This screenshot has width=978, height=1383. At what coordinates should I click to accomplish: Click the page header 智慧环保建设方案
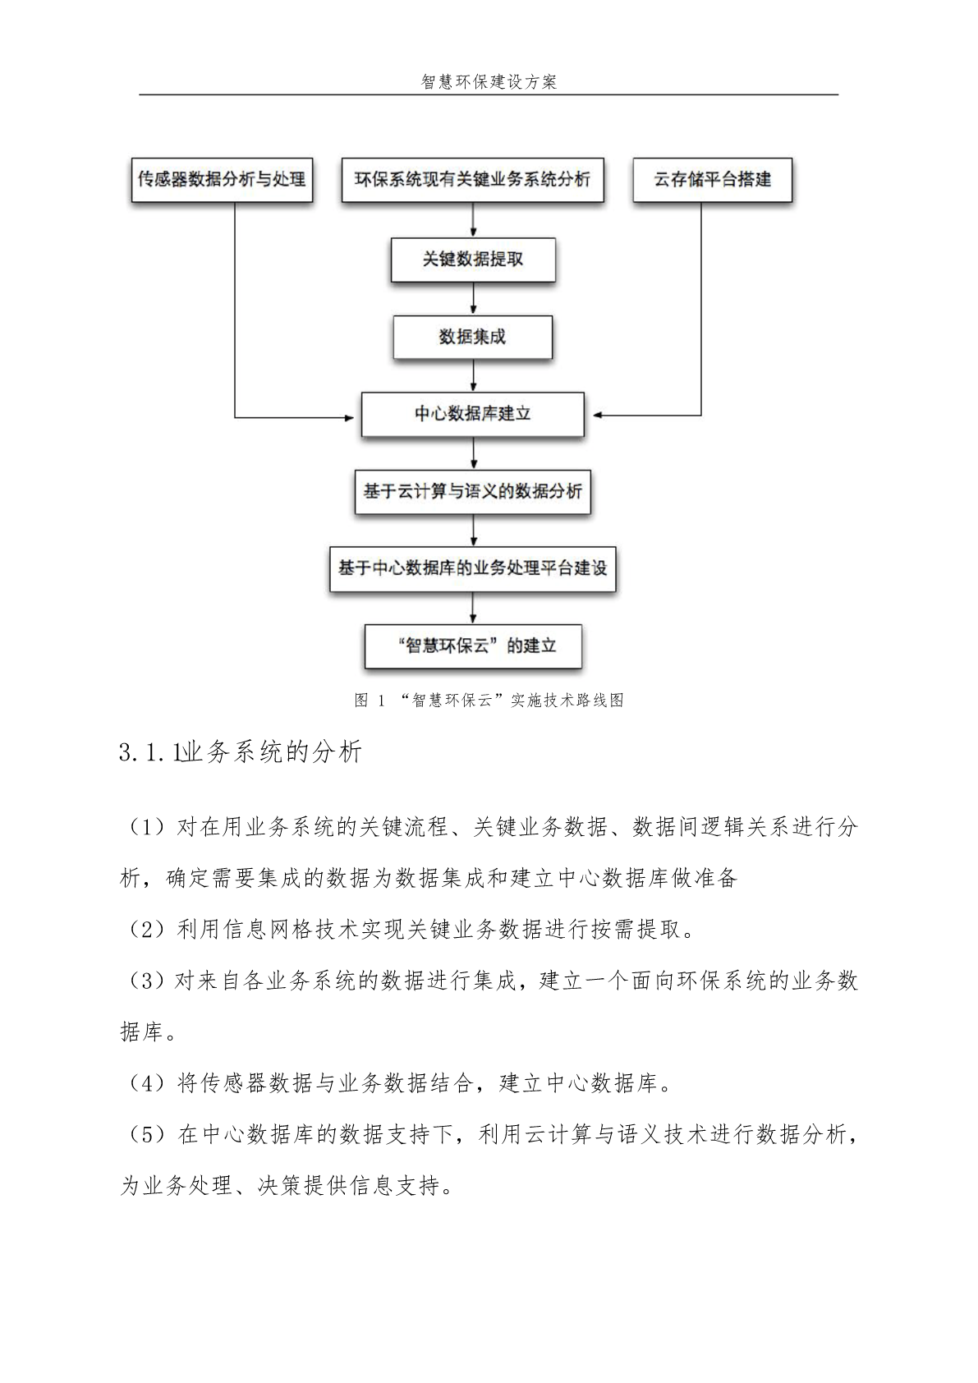coord(489,82)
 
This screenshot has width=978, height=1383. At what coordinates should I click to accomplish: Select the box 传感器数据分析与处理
coord(223,180)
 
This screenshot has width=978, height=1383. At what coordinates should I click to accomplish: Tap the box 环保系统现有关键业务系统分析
coord(473,180)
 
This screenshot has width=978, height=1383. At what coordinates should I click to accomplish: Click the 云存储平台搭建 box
coord(713,180)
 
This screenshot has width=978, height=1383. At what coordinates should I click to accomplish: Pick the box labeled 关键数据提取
coord(473,260)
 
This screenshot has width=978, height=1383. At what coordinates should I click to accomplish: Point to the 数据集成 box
coord(473,337)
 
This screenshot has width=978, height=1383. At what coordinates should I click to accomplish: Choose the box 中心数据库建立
coord(473,414)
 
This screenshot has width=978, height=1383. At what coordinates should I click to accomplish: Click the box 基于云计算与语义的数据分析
coord(473,491)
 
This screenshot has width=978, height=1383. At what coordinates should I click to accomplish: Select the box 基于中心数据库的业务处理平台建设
coord(473,568)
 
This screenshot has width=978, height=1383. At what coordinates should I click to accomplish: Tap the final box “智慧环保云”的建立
coord(474,646)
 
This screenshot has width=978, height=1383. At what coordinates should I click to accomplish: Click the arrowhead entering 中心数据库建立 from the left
coord(349,418)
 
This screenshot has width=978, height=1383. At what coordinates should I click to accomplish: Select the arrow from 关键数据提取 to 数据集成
coord(474,299)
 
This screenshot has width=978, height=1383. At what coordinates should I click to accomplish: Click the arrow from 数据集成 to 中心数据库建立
coord(474,375)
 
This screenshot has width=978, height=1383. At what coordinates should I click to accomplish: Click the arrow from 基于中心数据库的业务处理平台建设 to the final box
coord(474,609)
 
